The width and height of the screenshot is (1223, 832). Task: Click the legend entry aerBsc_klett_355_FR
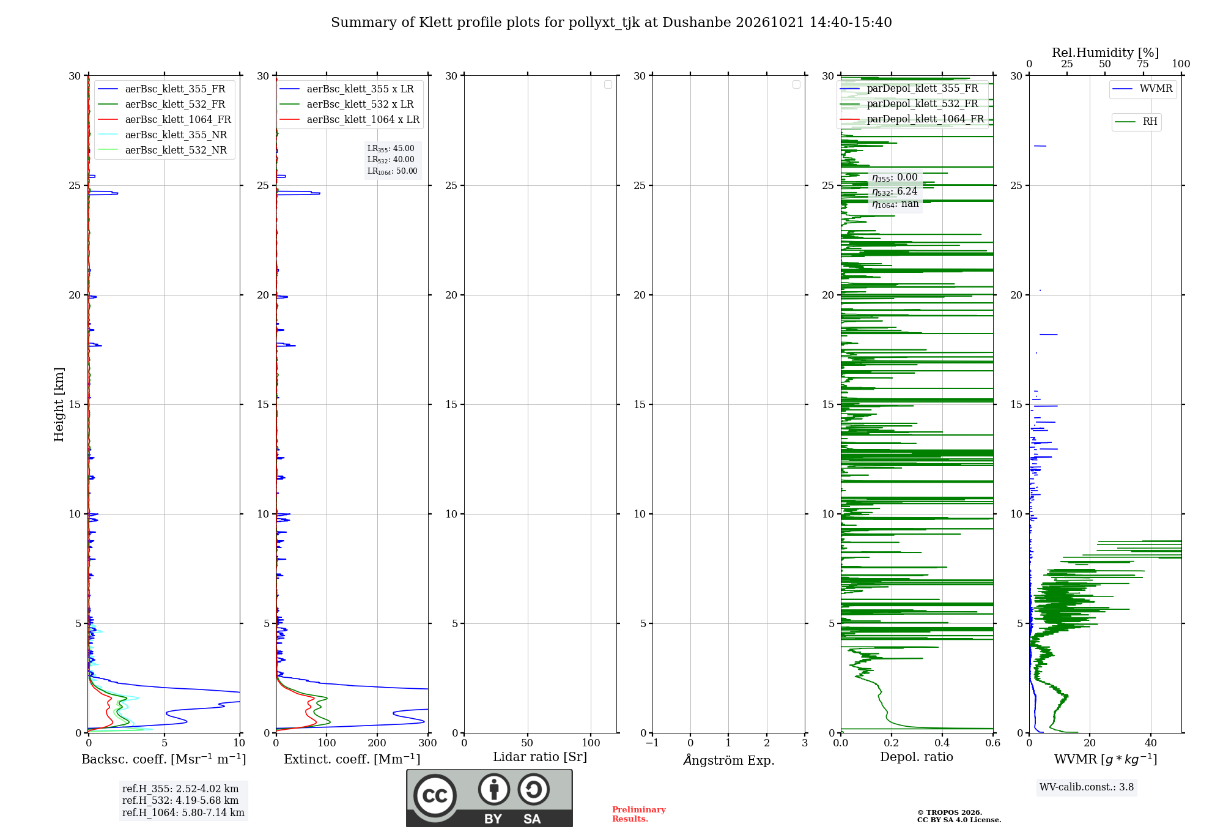click(162, 89)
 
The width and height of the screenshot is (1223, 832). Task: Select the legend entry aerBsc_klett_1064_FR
click(164, 120)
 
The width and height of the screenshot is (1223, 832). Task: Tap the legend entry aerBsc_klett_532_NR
click(163, 150)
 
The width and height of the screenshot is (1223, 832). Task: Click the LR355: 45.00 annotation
click(391, 149)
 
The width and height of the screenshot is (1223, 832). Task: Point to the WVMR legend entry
click(1142, 89)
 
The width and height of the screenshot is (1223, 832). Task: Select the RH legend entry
click(1136, 122)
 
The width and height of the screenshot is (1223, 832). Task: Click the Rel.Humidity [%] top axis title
click(1105, 53)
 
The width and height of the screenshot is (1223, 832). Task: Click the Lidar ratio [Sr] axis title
click(540, 757)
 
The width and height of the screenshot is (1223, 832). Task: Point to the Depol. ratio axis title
click(917, 757)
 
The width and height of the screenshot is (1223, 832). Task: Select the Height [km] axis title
click(59, 404)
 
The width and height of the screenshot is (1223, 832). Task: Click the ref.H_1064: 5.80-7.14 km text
click(183, 813)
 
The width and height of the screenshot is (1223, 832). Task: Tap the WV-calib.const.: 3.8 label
click(1087, 787)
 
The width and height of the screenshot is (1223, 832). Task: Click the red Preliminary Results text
click(639, 814)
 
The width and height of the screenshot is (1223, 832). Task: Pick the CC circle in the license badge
click(435, 796)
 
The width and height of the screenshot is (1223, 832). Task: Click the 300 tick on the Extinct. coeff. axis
click(428, 743)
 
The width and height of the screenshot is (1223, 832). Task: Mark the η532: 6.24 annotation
click(895, 191)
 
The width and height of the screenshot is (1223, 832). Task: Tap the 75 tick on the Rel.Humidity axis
click(1143, 64)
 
